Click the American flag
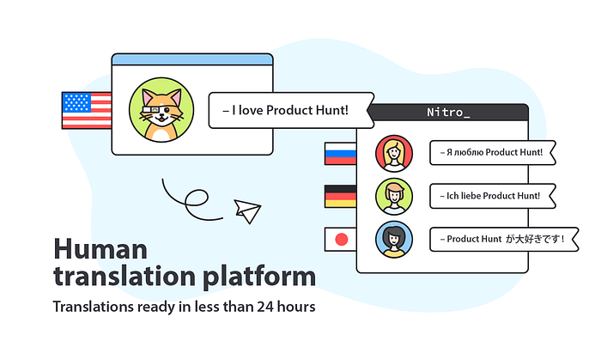click(87, 111)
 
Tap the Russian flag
click(340, 154)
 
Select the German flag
click(340, 196)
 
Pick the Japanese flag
click(340, 240)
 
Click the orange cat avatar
click(161, 110)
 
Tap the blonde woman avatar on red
click(394, 153)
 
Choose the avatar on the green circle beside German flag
click(394, 196)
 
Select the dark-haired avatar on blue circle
click(394, 239)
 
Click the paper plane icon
click(247, 211)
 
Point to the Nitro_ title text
click(448, 113)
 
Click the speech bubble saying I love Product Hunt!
click(291, 111)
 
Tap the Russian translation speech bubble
click(493, 153)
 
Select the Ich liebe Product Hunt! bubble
click(493, 196)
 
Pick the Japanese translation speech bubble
click(504, 239)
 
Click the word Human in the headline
click(100, 249)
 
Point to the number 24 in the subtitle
click(264, 307)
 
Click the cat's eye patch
click(167, 111)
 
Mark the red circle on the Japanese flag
click(341, 240)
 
